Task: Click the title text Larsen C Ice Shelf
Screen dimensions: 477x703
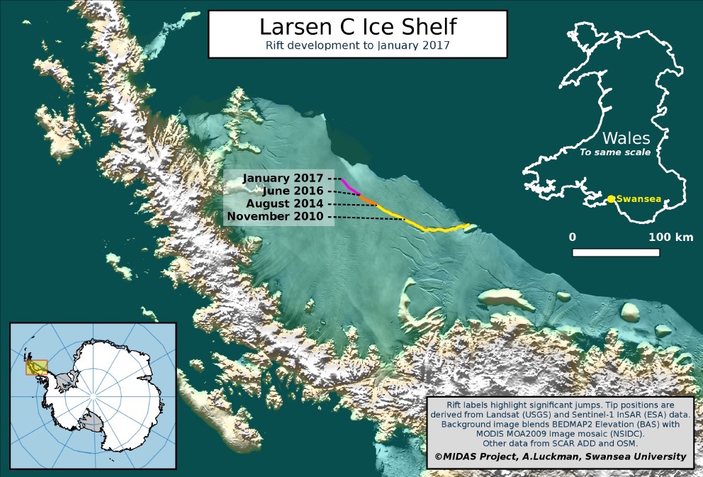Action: point(357,27)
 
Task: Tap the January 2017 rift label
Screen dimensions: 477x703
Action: point(281,178)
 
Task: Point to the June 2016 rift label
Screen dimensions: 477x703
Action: point(292,191)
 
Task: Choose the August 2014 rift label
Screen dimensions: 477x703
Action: point(286,203)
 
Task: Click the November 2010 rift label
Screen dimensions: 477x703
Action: point(278,216)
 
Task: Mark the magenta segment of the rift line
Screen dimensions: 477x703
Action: point(350,186)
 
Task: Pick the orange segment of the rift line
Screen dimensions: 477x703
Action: point(369,201)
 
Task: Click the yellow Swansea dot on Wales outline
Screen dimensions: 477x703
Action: point(611,198)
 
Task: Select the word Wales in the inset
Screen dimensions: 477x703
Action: point(626,137)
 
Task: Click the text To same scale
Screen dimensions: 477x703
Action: point(616,152)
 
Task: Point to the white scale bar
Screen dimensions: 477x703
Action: point(616,252)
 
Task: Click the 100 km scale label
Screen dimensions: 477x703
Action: point(670,237)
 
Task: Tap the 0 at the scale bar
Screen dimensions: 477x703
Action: point(573,237)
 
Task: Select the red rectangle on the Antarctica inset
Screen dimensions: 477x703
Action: point(37,367)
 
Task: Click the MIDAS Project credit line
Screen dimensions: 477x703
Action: point(560,456)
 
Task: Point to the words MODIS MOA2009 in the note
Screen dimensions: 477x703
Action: point(522,433)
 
